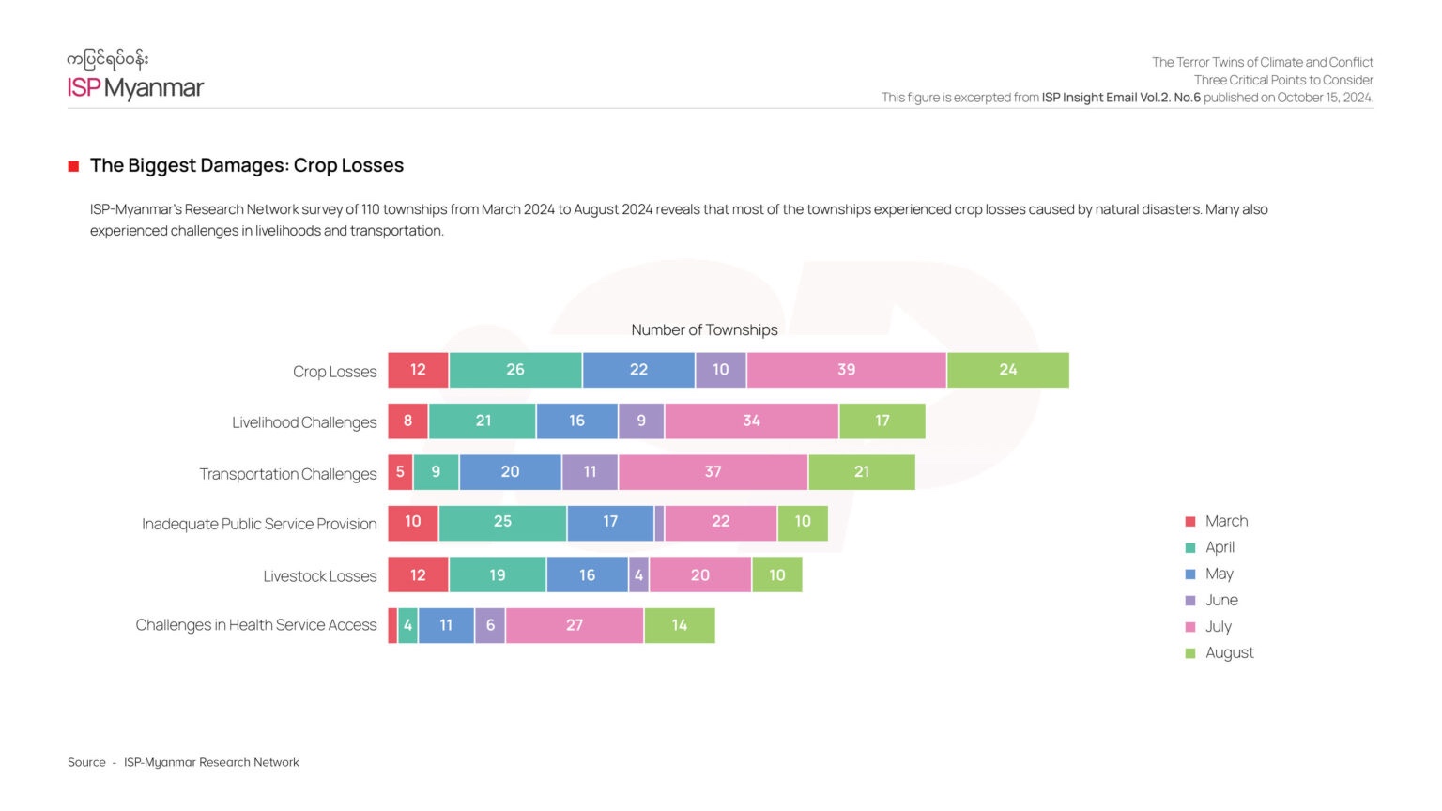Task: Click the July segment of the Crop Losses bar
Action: [x=846, y=370]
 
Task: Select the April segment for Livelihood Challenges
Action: [x=483, y=421]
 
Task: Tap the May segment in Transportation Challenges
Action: [x=510, y=472]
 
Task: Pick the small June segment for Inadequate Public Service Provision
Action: [x=659, y=523]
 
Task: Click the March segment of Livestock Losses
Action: [x=418, y=575]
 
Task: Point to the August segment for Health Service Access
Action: [x=680, y=626]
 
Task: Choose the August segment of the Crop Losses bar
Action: [x=1007, y=370]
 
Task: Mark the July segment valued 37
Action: [x=713, y=472]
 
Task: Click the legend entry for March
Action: [x=1226, y=521]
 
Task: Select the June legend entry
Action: [x=1221, y=600]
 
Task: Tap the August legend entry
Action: [x=1229, y=652]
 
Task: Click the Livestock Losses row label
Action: [x=319, y=576]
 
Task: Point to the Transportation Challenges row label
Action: [x=287, y=474]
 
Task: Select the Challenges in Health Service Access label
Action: [x=255, y=625]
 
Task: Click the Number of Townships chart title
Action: [x=704, y=329]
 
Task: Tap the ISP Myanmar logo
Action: [x=135, y=76]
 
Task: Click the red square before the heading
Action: [x=73, y=166]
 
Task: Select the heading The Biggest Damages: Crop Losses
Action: [x=246, y=165]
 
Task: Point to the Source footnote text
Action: [x=183, y=762]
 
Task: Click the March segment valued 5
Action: [x=400, y=472]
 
